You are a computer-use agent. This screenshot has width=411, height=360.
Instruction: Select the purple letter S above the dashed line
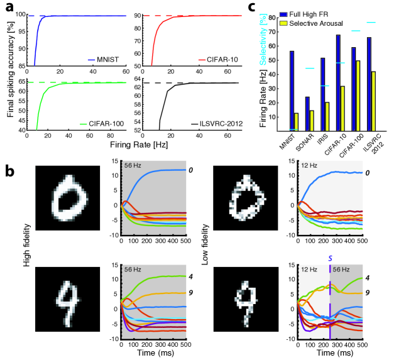click(x=330, y=259)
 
